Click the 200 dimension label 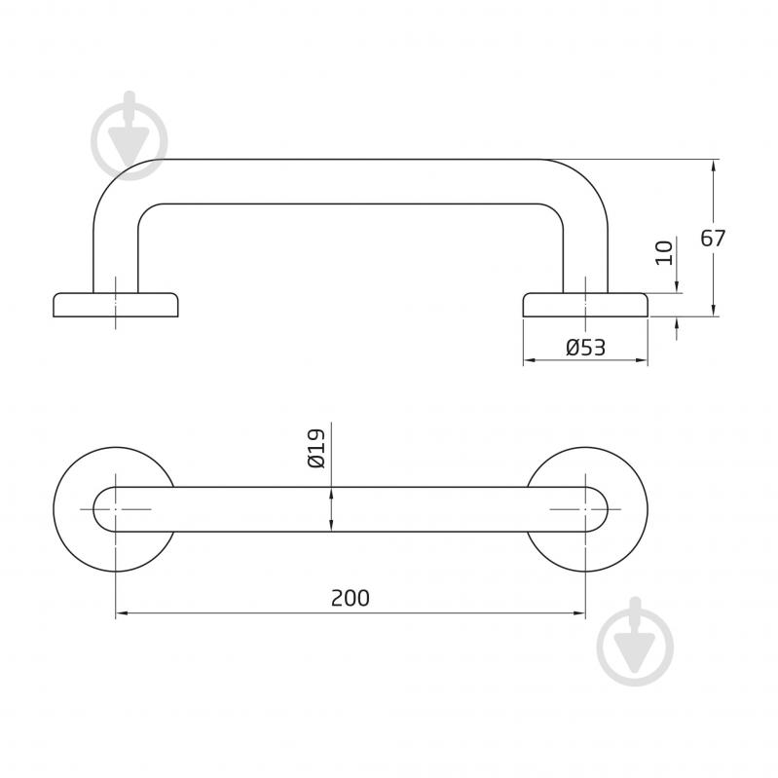(x=351, y=598)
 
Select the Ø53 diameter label (x=585, y=348)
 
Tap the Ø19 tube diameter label (x=316, y=449)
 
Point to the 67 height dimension (x=713, y=239)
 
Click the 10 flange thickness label (x=664, y=252)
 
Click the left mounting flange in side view (x=116, y=305)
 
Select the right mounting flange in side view (x=585, y=305)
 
